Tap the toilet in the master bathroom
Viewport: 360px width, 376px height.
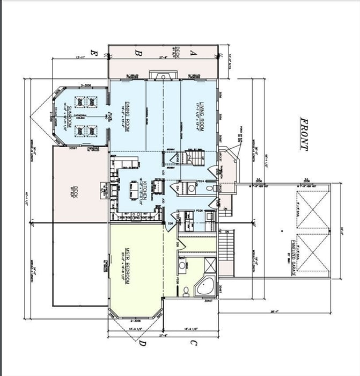pos(186,291)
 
